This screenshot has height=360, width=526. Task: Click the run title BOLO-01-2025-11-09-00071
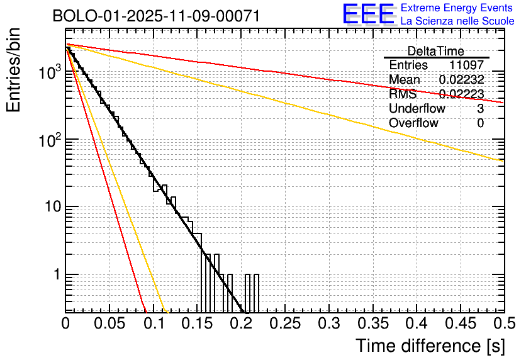pos(156,16)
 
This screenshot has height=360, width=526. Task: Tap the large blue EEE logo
pos(369,15)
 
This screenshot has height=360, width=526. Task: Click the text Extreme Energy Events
pos(457,8)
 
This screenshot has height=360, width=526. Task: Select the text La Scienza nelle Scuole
pos(457,21)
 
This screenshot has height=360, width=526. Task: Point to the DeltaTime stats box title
pos(436,51)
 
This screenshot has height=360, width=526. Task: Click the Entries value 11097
pos(466,65)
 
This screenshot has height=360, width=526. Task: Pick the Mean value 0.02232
pos(461,80)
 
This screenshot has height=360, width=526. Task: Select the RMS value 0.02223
pos(461,94)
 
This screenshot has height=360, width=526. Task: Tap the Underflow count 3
pos(480,109)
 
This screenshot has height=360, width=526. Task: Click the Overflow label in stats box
pos(413,123)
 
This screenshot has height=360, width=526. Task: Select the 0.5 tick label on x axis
pos(500,323)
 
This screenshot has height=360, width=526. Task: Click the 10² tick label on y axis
pos(48,139)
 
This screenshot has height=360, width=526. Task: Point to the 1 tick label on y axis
pos(55,275)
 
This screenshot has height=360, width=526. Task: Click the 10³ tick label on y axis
pos(48,72)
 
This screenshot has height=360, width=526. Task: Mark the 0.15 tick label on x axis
pos(197,323)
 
